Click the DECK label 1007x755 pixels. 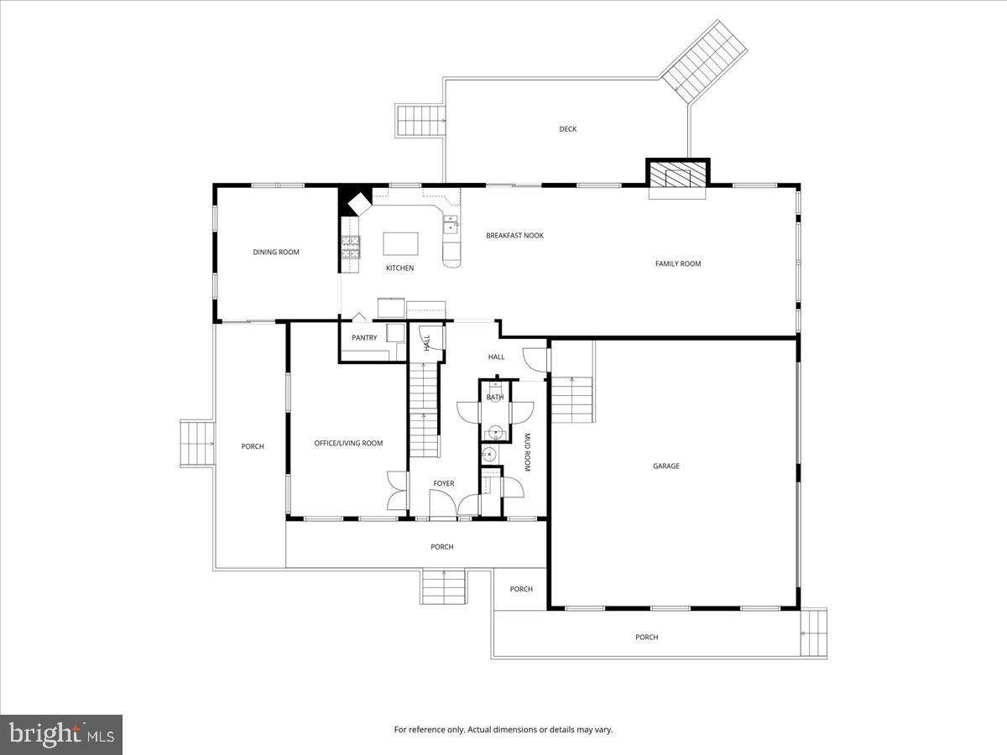point(568,129)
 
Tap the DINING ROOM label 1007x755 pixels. point(276,253)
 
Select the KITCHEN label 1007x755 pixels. point(399,268)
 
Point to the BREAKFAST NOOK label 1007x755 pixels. point(514,236)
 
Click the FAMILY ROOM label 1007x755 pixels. point(677,264)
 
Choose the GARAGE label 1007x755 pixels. point(666,466)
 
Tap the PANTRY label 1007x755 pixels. point(364,338)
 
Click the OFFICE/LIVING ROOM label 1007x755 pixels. point(348,444)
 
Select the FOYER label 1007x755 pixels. point(443,484)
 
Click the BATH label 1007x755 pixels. point(495,398)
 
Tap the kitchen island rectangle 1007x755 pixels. point(400,243)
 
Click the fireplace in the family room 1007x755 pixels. point(677,177)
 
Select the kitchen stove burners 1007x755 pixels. point(350,246)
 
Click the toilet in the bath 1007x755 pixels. point(496,432)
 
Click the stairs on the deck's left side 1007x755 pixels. point(420,122)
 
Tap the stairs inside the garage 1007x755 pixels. point(571,401)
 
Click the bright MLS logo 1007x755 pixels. point(61,735)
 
